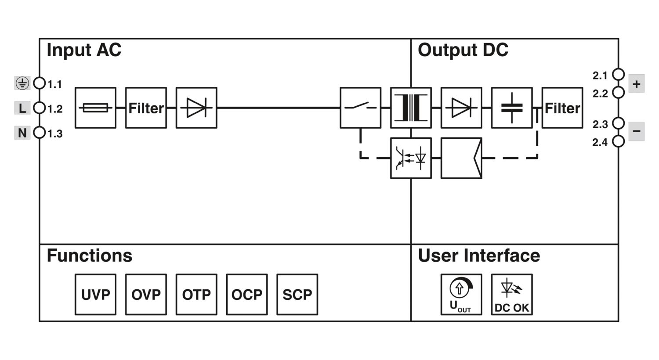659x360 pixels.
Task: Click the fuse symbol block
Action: (95, 108)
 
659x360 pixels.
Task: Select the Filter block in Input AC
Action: (146, 108)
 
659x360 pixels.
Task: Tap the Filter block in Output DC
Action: (562, 108)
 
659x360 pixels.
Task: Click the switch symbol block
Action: (360, 108)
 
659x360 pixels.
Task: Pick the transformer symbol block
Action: (411, 108)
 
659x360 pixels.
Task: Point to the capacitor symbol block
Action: (512, 108)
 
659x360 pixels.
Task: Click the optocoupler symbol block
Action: (411, 158)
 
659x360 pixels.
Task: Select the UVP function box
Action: (95, 295)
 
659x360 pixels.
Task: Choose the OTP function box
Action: (196, 295)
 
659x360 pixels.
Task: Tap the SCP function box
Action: (297, 295)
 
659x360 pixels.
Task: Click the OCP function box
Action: (247, 295)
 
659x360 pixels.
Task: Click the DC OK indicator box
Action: (512, 295)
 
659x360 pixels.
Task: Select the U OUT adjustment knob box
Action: (461, 295)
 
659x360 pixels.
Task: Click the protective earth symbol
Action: (22, 83)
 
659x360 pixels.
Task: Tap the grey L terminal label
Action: (22, 108)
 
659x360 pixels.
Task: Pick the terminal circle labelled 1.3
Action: (40, 133)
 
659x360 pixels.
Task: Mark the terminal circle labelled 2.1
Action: (619, 75)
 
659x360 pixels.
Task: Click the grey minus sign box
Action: (636, 131)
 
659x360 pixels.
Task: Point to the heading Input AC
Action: (84, 50)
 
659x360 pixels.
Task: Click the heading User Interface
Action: (479, 256)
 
